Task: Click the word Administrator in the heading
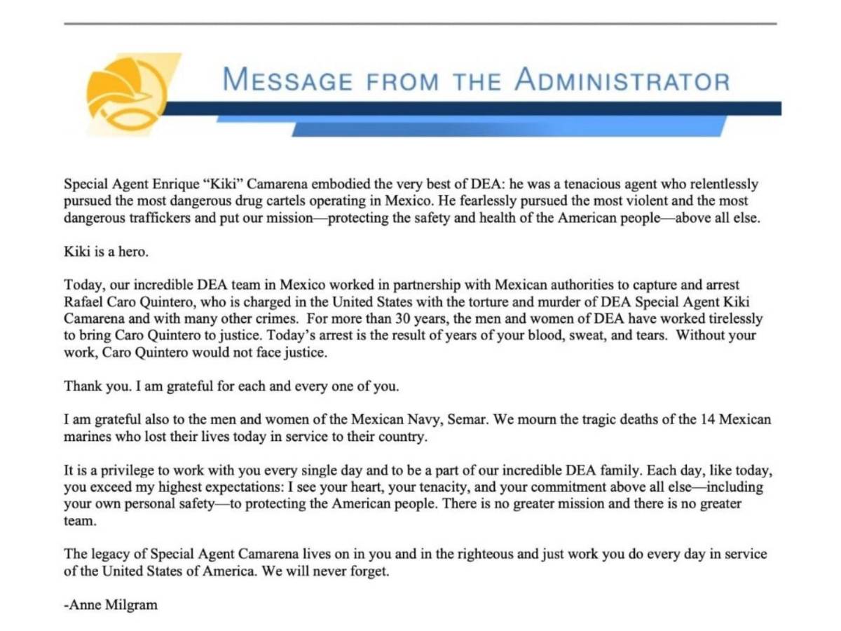click(x=622, y=80)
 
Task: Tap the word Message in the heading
click(x=287, y=80)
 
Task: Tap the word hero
click(x=134, y=252)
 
